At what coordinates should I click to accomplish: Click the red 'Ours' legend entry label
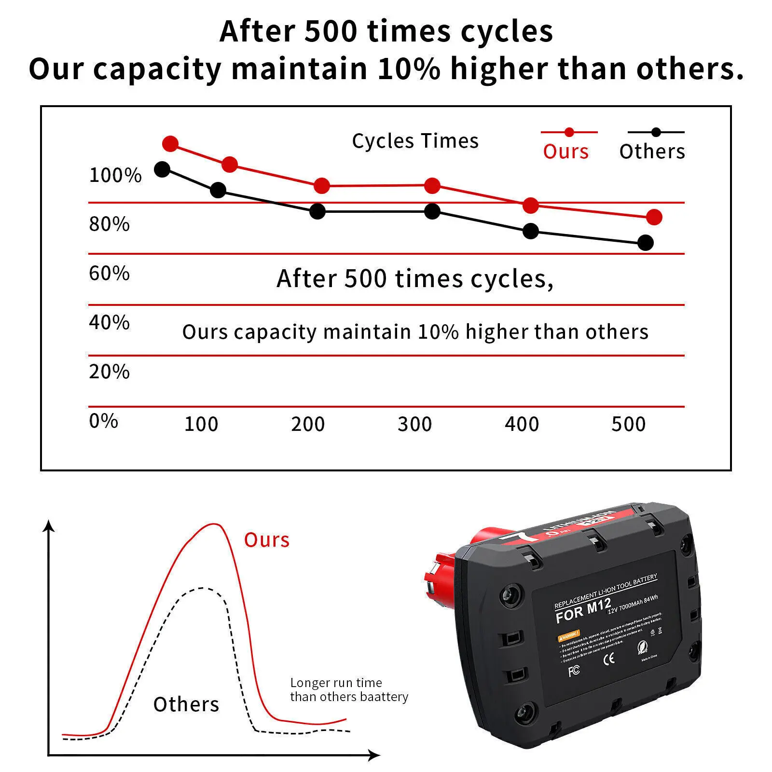[x=565, y=152]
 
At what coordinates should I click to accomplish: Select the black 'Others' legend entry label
[x=652, y=152]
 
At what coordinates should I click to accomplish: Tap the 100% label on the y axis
[x=115, y=175]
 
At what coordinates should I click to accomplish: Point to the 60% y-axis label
[x=110, y=274]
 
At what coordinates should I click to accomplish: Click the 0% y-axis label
[x=104, y=421]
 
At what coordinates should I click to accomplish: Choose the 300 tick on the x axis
[x=414, y=424]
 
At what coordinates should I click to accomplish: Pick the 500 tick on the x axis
[x=628, y=424]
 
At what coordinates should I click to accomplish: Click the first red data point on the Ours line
[x=170, y=143]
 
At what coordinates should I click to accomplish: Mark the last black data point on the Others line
[x=646, y=243]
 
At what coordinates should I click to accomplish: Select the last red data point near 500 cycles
[x=654, y=217]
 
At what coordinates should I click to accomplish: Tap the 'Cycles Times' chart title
[x=415, y=141]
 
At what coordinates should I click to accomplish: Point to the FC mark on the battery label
[x=574, y=671]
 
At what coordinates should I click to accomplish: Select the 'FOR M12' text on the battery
[x=583, y=611]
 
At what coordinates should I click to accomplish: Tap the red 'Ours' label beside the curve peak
[x=266, y=540]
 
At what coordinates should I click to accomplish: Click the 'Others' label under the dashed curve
[x=186, y=704]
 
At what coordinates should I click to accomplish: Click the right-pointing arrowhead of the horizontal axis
[x=375, y=755]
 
